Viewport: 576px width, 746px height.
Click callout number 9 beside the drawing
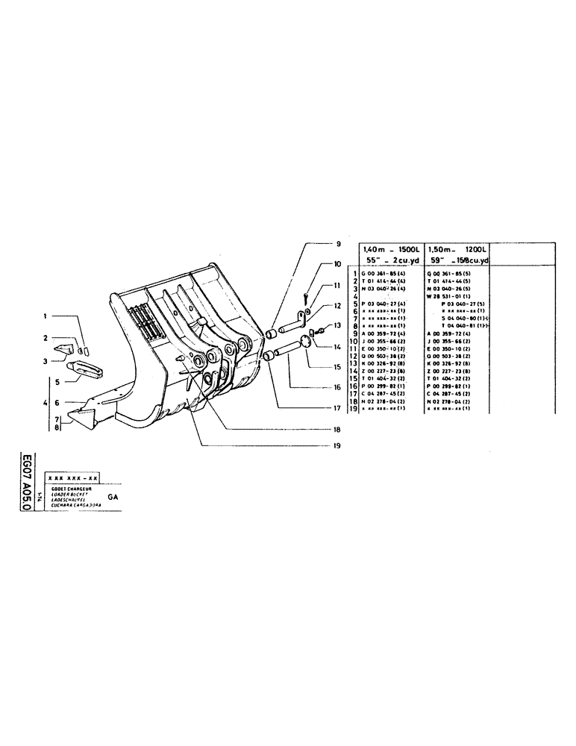click(337, 243)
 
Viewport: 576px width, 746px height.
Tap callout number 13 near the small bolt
click(336, 326)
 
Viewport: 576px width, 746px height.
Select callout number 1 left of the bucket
click(46, 316)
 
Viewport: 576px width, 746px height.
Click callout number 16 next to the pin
click(337, 386)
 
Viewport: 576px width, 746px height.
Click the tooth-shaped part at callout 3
click(64, 348)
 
